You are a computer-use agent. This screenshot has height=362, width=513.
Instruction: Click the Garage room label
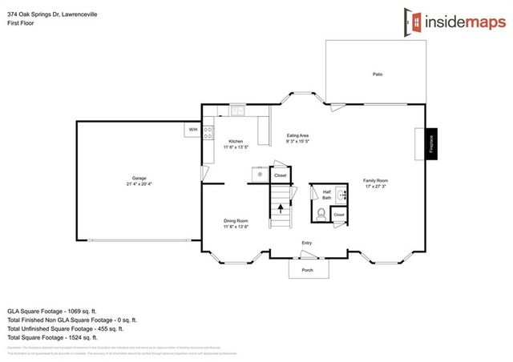coord(139,181)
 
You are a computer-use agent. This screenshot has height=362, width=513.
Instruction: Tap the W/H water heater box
coord(193,129)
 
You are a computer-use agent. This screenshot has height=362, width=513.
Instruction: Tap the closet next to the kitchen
coord(280,175)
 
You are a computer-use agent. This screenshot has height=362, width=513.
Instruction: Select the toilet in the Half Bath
coord(321,214)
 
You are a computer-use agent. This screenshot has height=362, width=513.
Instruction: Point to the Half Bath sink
coord(340,194)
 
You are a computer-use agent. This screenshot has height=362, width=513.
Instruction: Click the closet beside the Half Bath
coord(339,215)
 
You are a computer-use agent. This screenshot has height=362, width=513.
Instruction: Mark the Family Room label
coord(375,183)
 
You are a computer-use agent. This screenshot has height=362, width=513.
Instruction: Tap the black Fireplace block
coord(431,145)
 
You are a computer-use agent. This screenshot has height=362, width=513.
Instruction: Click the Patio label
coord(377,74)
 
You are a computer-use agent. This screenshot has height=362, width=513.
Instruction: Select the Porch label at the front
coord(307,270)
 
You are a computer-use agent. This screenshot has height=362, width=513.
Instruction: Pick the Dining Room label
coord(236,223)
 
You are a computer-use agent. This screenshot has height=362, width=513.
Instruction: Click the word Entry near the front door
coord(307,243)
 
